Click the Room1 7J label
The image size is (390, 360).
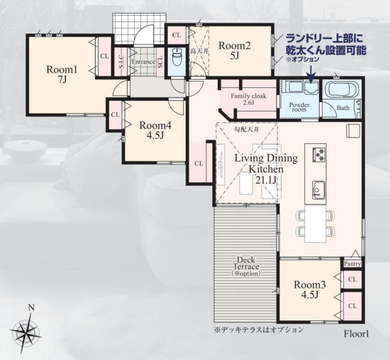[x=62, y=74]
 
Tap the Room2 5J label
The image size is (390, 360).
[x=235, y=50]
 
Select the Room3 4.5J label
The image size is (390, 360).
[x=309, y=290]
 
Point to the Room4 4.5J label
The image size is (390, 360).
[x=155, y=130]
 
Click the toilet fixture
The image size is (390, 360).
[x=177, y=57]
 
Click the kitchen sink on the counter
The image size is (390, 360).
[x=318, y=190]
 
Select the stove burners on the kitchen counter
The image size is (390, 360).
[x=319, y=155]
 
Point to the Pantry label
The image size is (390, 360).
[x=353, y=264]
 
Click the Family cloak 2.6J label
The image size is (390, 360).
[x=248, y=99]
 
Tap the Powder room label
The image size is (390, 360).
[x=299, y=107]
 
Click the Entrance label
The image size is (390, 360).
[x=143, y=62]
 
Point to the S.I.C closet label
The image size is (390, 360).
[x=121, y=62]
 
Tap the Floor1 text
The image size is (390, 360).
[x=356, y=334]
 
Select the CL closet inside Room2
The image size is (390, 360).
[x=177, y=35]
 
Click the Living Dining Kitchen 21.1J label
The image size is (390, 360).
[x=266, y=169]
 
